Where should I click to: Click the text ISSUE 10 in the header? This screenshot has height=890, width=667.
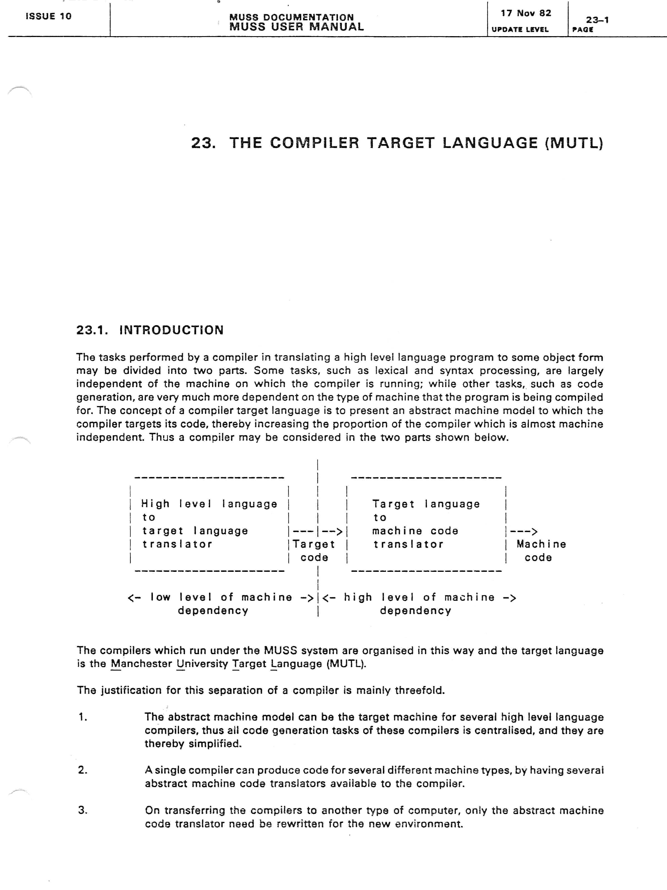(48, 16)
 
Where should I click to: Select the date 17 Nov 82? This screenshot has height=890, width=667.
(526, 13)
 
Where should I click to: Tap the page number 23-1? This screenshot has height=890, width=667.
(597, 20)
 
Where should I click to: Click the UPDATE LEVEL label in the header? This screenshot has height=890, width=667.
(520, 29)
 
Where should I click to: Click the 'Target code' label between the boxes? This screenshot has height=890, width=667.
(314, 551)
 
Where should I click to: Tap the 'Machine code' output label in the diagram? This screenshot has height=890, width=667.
(541, 551)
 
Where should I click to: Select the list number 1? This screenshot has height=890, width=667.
(83, 717)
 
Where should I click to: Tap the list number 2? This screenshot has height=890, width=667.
(83, 770)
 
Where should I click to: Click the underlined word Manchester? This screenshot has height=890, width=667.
(141, 664)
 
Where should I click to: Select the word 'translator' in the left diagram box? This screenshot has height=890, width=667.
(177, 544)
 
